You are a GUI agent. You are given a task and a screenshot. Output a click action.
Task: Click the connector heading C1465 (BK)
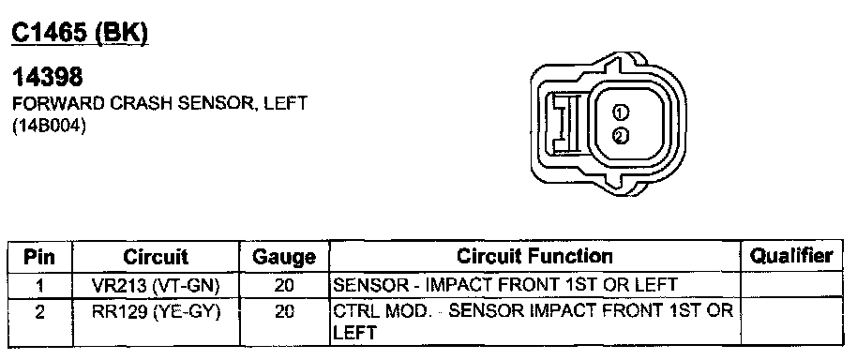(80, 34)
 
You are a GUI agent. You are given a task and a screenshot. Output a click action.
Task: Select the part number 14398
(47, 78)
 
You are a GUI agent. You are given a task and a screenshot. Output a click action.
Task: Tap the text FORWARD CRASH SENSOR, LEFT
(159, 103)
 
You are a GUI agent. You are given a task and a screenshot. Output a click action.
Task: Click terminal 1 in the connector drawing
(621, 113)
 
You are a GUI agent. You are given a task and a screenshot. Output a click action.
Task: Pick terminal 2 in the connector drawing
(621, 136)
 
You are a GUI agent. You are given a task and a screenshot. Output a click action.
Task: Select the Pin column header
(39, 257)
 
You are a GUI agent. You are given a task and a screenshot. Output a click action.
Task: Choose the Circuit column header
(156, 257)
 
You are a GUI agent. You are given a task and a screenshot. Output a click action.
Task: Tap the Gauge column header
(284, 257)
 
